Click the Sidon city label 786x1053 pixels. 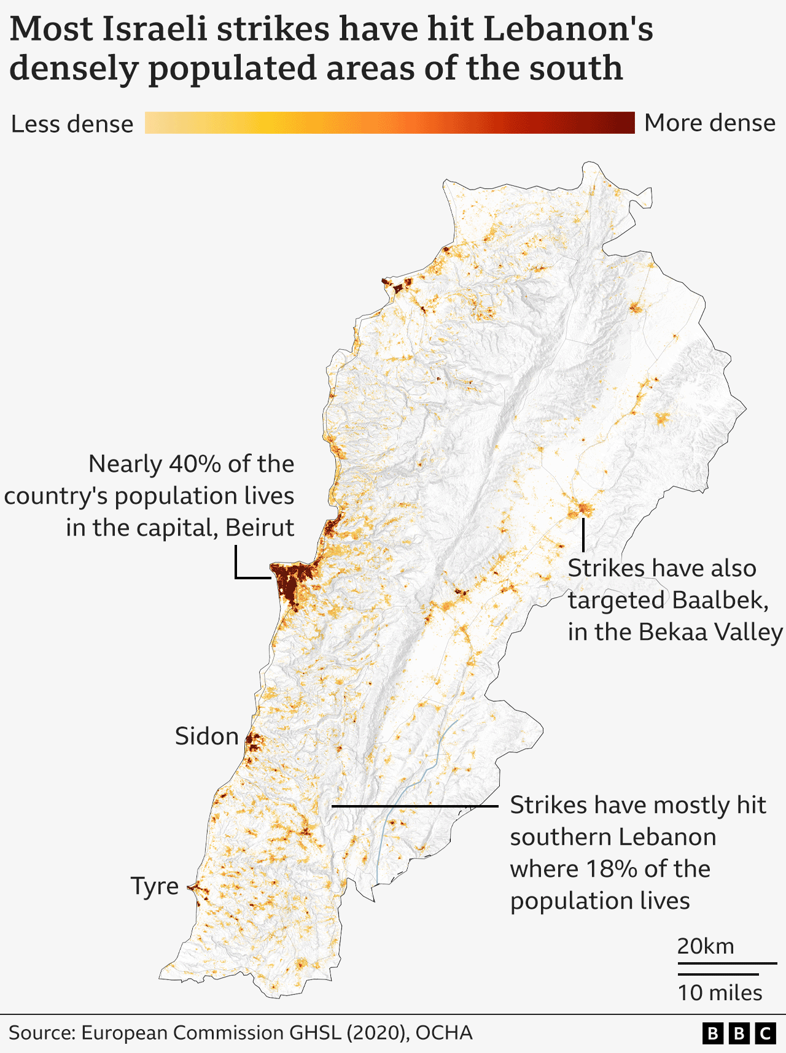click(206, 736)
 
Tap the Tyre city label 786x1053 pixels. click(154, 886)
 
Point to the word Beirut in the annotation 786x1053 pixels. click(260, 528)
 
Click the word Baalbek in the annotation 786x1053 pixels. click(720, 600)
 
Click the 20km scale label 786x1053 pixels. click(706, 946)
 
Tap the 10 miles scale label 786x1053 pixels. click(720, 993)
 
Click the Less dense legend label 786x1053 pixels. click(72, 124)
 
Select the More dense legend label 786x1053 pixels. click(710, 123)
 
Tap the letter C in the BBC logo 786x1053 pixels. click(765, 1034)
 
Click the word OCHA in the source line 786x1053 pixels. click(444, 1033)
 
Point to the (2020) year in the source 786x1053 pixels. click(376, 1033)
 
